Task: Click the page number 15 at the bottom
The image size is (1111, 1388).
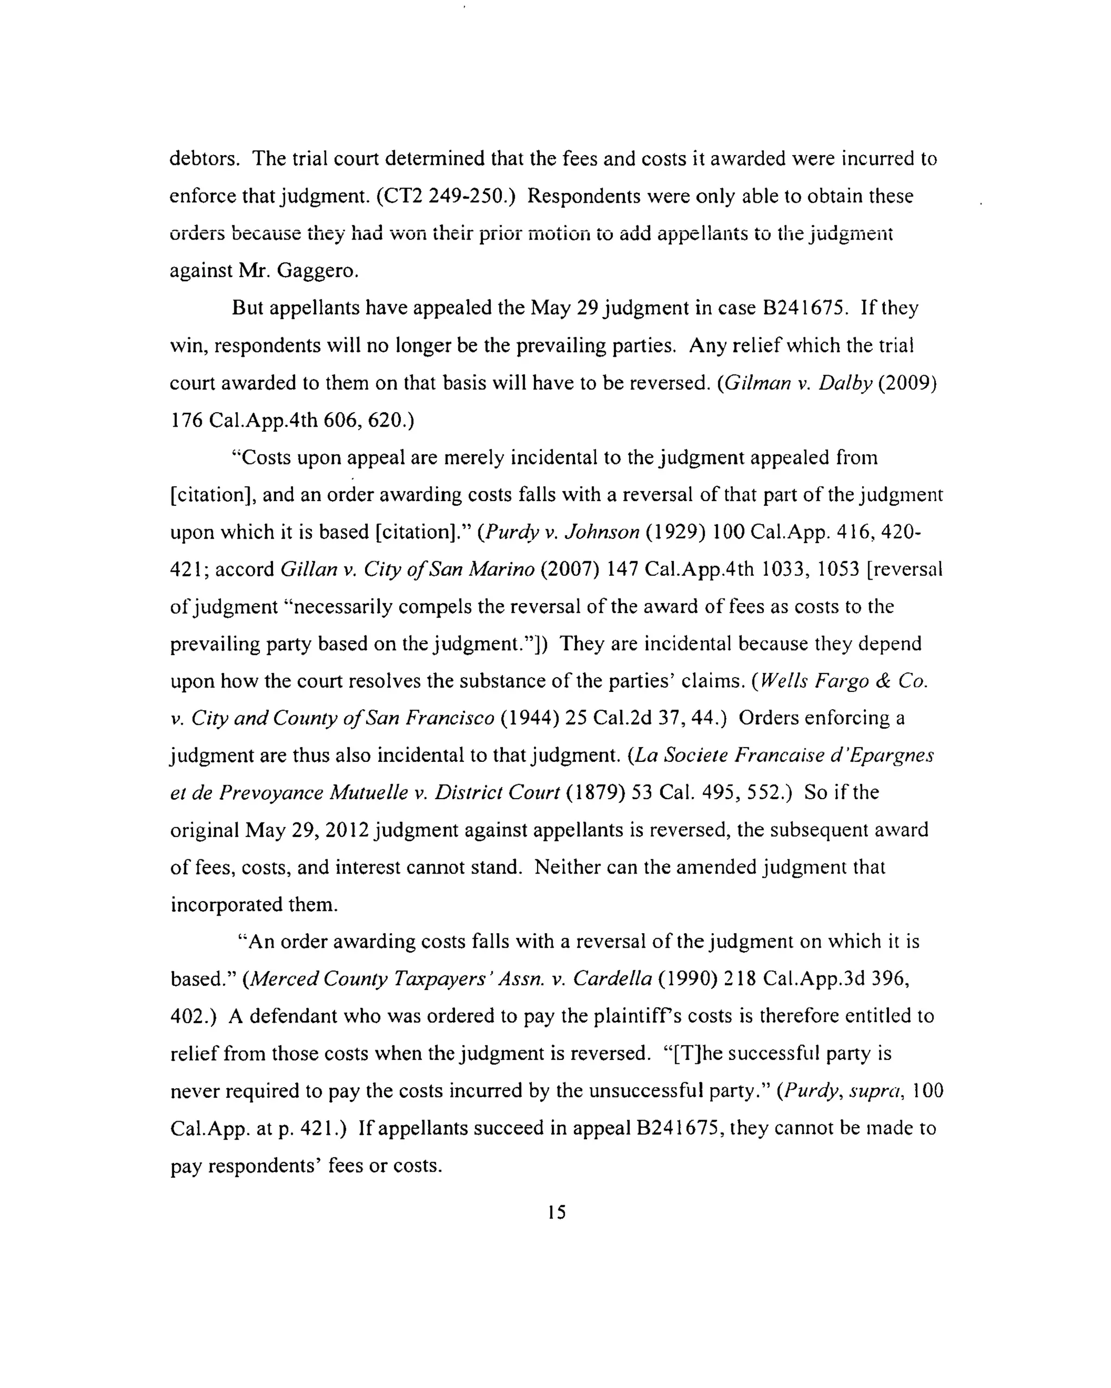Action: click(x=557, y=1213)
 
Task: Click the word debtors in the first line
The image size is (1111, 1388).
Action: click(x=203, y=158)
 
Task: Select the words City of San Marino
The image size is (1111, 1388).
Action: click(x=449, y=570)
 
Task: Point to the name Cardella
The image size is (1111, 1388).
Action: click(x=612, y=979)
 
